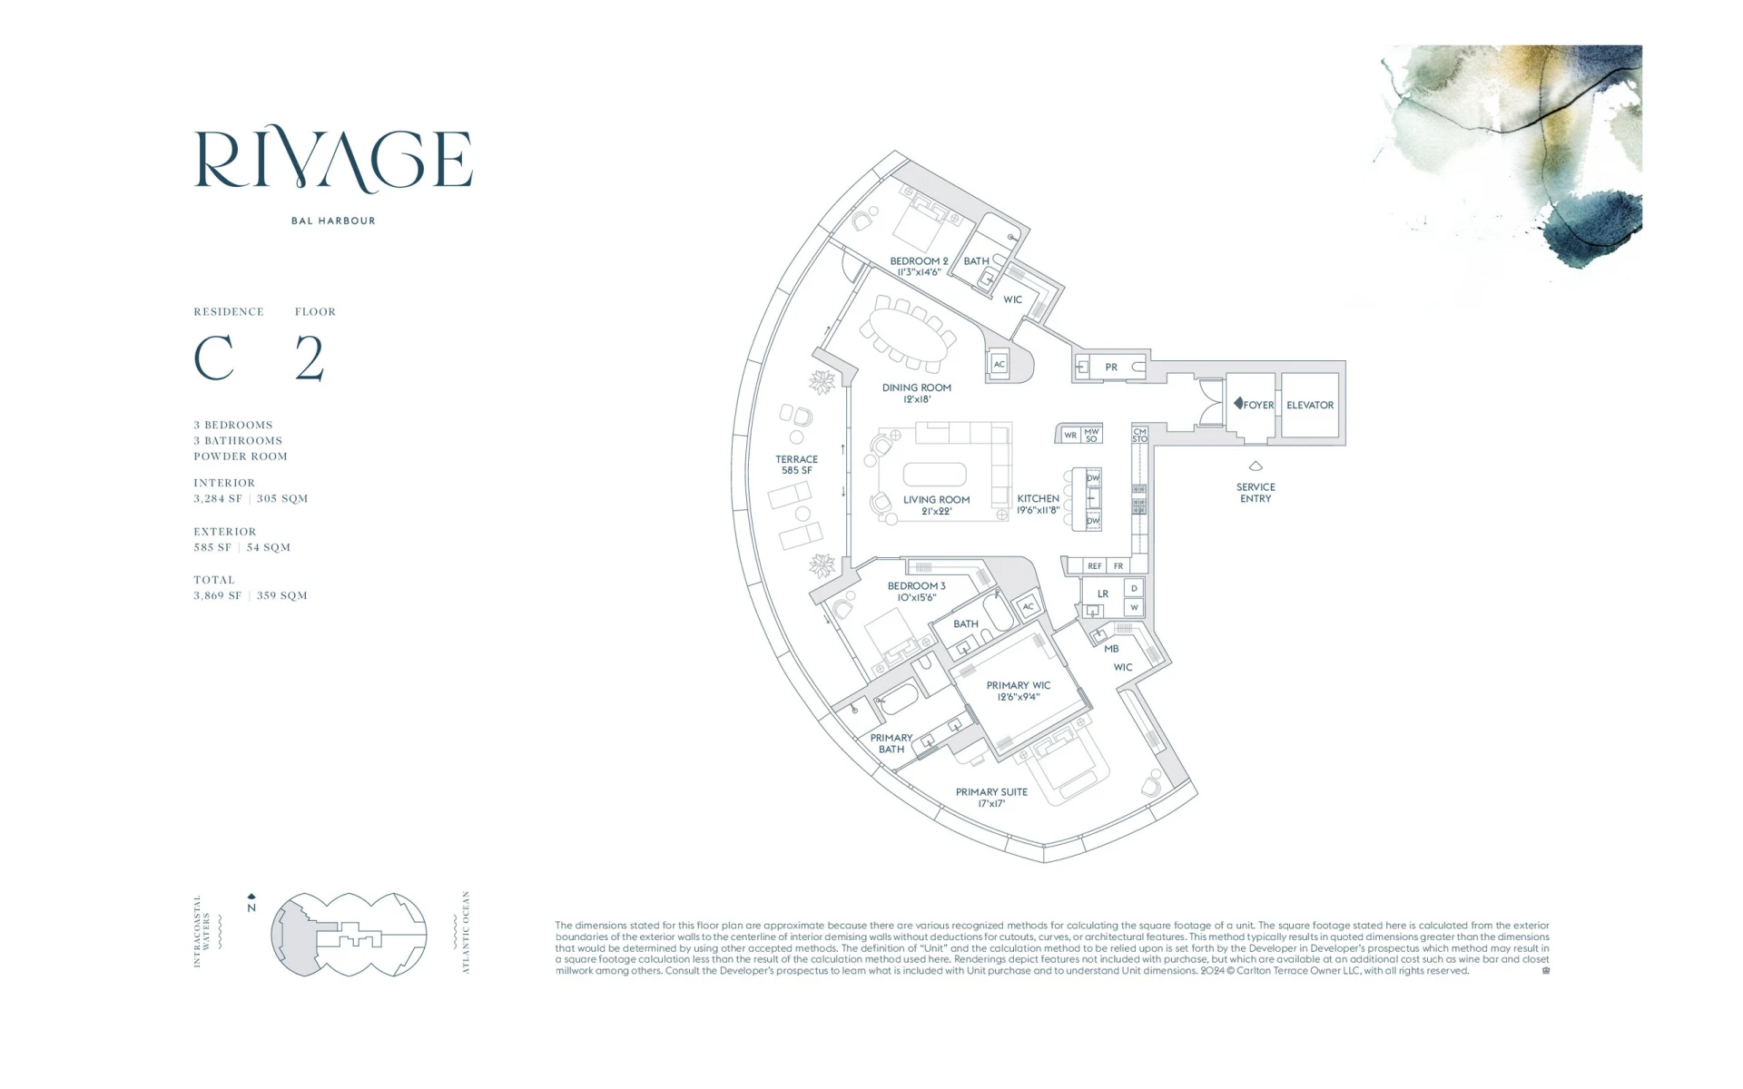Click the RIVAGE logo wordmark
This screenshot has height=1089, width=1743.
coord(333,161)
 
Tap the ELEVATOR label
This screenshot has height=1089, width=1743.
coord(1310,405)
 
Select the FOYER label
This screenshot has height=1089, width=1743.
coord(1258,405)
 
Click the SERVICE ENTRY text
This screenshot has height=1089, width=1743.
coord(1256,493)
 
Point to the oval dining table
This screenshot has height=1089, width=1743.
coord(908,332)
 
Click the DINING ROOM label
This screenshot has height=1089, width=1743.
coord(917,393)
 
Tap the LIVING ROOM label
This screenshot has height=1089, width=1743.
coord(936,505)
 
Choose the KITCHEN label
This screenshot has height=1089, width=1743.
coord(1038,505)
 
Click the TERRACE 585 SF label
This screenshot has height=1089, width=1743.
coord(796,465)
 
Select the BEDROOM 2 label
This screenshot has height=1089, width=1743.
coord(919,266)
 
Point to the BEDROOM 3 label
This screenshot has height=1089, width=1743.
coord(916,592)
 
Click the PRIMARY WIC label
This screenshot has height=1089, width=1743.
coord(1019,691)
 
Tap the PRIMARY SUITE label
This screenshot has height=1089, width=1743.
coord(991,798)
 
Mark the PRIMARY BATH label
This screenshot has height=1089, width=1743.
coord(891,743)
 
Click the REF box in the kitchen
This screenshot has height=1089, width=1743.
coord(1095,566)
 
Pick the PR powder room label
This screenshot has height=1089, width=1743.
coord(1111,368)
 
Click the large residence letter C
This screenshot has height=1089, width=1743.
coord(214,358)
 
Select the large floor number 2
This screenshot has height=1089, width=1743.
coord(310,358)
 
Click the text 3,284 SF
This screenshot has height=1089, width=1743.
coord(218,498)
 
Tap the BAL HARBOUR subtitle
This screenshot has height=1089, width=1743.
coord(333,221)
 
